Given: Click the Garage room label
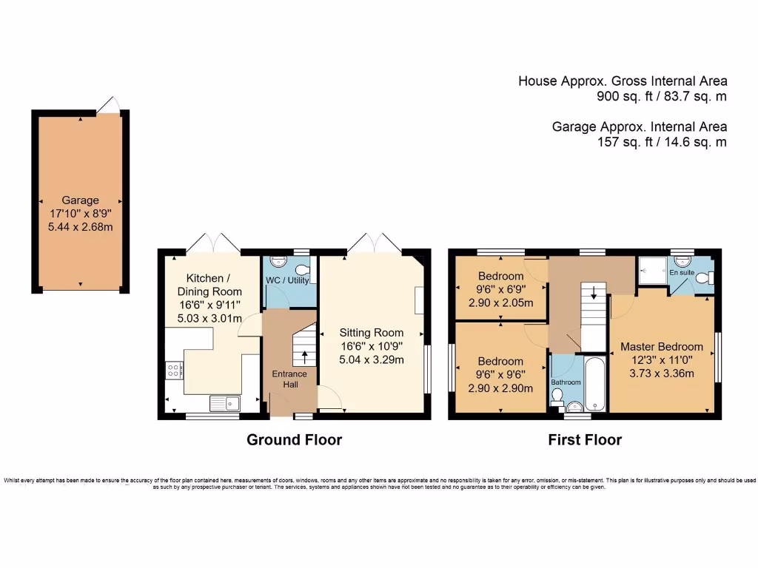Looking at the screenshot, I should (x=80, y=200).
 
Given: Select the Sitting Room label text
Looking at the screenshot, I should (x=372, y=333).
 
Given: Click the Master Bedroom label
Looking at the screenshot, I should (x=661, y=346).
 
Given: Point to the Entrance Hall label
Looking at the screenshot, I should (x=289, y=379).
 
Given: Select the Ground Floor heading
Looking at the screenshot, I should (x=294, y=440).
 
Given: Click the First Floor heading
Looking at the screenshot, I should (x=584, y=440).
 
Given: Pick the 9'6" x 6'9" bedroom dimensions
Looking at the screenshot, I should (x=500, y=291).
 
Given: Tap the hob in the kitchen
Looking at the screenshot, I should (x=175, y=370).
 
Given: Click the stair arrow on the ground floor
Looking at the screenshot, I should (x=305, y=357).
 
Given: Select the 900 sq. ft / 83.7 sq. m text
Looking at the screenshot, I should (x=661, y=96).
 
